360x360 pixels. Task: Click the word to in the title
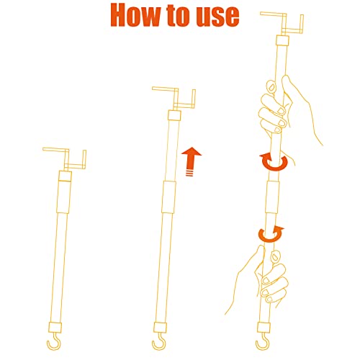179,15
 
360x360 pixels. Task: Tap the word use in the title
217,17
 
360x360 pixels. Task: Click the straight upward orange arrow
192,161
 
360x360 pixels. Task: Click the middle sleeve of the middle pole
168,197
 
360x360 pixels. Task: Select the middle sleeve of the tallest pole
272,197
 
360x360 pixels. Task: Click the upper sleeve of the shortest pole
65,192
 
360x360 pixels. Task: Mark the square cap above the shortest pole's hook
55,328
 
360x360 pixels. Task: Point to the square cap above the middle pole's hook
160,328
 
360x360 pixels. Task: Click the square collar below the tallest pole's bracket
282,40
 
